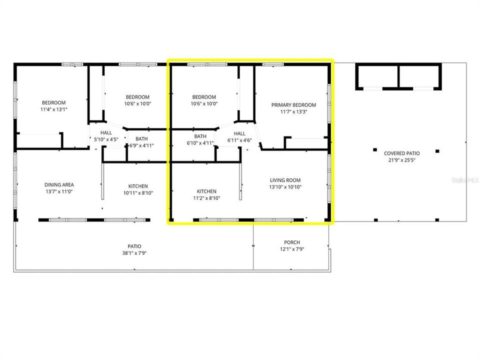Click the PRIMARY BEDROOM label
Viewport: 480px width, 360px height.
coord(293,105)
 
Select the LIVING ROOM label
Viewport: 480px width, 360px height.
coord(285,180)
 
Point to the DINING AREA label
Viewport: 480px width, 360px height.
coord(59,184)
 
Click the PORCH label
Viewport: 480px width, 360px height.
coord(291,242)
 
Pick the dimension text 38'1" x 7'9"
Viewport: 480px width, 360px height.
coord(134,253)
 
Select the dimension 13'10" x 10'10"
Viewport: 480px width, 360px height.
coord(285,187)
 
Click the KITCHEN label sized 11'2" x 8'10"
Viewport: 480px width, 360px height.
coord(206,191)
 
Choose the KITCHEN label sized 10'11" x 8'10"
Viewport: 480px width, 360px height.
coord(138,186)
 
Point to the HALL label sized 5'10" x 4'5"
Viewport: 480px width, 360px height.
coord(106,132)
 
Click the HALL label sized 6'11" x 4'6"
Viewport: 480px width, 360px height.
coord(239,133)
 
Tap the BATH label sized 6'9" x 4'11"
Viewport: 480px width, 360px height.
coord(141,139)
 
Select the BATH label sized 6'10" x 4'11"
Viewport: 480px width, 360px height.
coord(200,136)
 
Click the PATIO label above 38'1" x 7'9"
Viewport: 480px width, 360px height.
coord(134,246)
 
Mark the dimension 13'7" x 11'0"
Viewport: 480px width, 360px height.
coord(59,191)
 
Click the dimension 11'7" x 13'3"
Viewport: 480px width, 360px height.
coord(293,112)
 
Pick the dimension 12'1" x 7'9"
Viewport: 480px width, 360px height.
coord(291,249)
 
